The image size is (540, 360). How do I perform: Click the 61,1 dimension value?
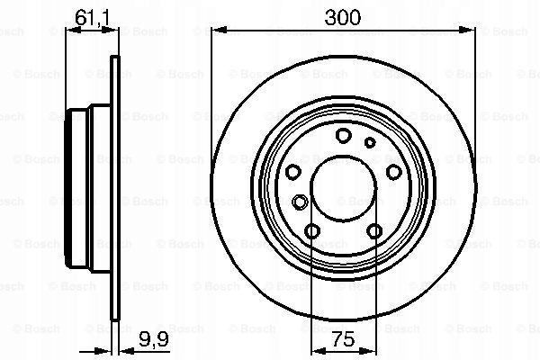(92, 18)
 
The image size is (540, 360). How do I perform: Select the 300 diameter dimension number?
(342, 17)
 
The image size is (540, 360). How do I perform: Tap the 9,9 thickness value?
(154, 339)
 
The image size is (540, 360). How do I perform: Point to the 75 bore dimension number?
(344, 339)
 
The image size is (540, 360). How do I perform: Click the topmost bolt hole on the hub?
(344, 135)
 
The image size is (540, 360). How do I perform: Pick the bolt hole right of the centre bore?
(393, 172)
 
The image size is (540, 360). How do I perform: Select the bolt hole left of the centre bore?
(293, 172)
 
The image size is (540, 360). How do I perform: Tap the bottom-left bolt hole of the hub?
(312, 230)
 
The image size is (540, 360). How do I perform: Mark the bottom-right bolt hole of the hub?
(374, 230)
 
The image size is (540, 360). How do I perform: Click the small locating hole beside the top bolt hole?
(370, 142)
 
